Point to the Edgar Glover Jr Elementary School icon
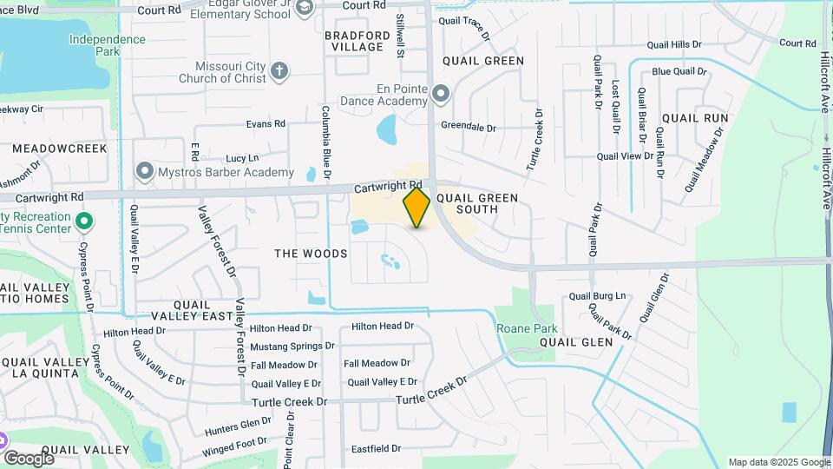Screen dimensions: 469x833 304,9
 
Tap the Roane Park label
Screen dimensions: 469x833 527,328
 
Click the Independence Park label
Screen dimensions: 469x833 108,45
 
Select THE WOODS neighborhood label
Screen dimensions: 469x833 311,254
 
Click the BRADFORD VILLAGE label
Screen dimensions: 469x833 354,41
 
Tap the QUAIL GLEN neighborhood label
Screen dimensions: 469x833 576,342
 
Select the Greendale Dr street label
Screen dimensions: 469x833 468,127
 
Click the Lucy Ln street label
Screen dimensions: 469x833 242,158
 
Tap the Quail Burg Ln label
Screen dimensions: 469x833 597,296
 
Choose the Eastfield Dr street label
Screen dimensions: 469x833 376,449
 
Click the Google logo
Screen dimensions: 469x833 29,458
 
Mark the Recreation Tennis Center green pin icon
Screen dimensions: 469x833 83,221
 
